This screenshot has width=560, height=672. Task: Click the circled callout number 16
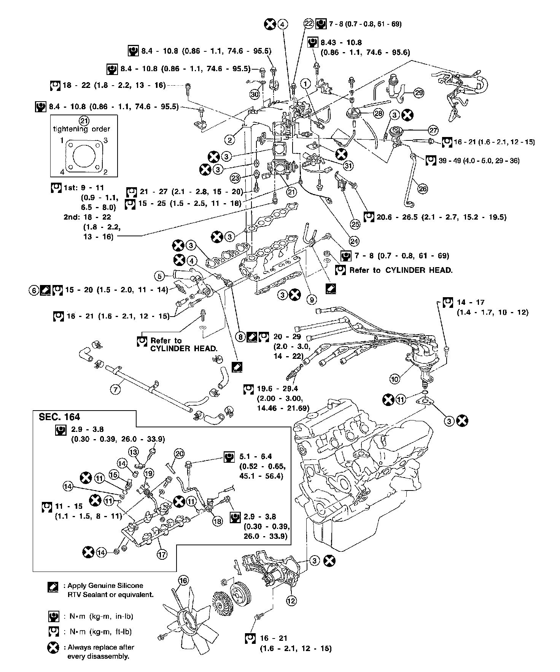[x=183, y=580]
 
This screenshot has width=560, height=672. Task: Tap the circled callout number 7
[x=115, y=389]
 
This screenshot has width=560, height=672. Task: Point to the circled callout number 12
[x=291, y=600]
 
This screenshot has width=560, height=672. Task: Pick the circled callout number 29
[x=418, y=92]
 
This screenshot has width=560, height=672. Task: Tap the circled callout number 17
[x=162, y=554]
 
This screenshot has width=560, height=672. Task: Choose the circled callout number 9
[x=312, y=299]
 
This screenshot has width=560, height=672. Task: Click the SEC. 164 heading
[x=59, y=417]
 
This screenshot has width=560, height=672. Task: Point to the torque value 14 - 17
[x=470, y=302]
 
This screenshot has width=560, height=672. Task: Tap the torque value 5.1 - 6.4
[x=256, y=456]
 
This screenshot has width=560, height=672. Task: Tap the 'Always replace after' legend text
[x=101, y=647]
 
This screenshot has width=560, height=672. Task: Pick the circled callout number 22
[x=308, y=24]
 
